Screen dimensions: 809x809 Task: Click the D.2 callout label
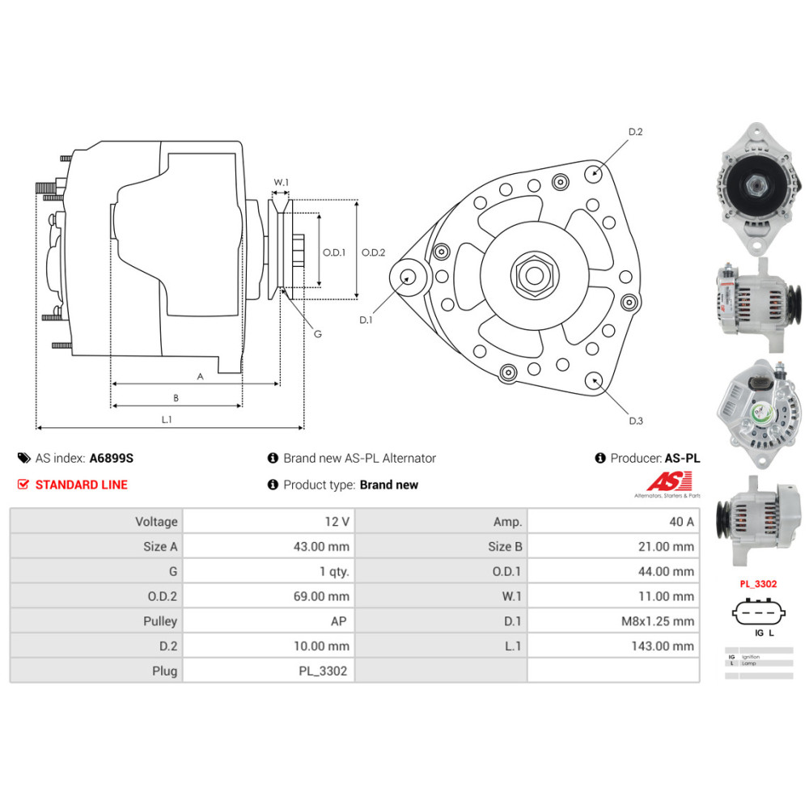tap(635, 132)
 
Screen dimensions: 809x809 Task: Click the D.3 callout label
tap(635, 421)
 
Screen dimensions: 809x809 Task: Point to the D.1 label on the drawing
tap(366, 320)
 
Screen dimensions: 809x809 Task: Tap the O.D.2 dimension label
tap(373, 252)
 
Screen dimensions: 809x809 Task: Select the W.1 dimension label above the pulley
tap(281, 182)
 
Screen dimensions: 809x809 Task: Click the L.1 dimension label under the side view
tap(167, 419)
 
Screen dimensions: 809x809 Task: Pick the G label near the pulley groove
tap(317, 333)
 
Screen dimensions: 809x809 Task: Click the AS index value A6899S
tap(111, 458)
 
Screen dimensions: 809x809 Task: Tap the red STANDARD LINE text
tap(81, 485)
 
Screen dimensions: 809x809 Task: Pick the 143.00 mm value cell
tap(663, 646)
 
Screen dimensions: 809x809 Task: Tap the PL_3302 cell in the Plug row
tap(324, 671)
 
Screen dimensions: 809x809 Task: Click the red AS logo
tap(667, 481)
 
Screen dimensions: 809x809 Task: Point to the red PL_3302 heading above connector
tap(758, 583)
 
